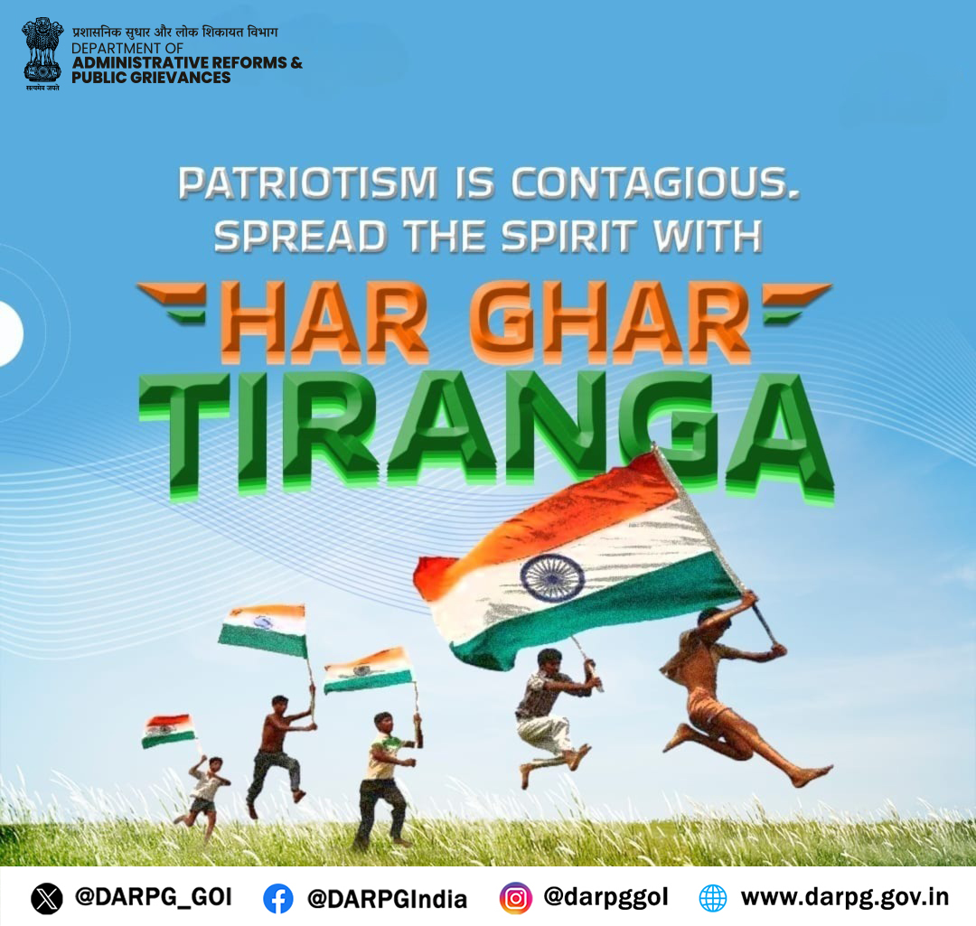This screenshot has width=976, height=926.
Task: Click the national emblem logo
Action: pyautogui.click(x=42, y=52)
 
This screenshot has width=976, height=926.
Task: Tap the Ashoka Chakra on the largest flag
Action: pyautogui.click(x=551, y=577)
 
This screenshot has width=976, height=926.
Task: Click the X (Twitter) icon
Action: pyautogui.click(x=47, y=898)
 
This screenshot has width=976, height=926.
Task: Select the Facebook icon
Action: pyautogui.click(x=278, y=898)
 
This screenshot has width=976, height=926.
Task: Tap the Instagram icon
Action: pyautogui.click(x=515, y=898)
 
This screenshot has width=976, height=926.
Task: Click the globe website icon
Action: pyautogui.click(x=713, y=898)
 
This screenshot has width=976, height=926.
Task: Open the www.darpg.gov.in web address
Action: pyautogui.click(x=844, y=897)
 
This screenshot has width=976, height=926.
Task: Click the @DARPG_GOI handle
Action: pyautogui.click(x=153, y=897)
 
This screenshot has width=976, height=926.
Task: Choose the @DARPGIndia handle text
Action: pyautogui.click(x=387, y=898)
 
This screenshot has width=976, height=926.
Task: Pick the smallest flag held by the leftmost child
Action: pyautogui.click(x=168, y=729)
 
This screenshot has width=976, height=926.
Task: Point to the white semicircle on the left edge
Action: pyautogui.click(x=10, y=333)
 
